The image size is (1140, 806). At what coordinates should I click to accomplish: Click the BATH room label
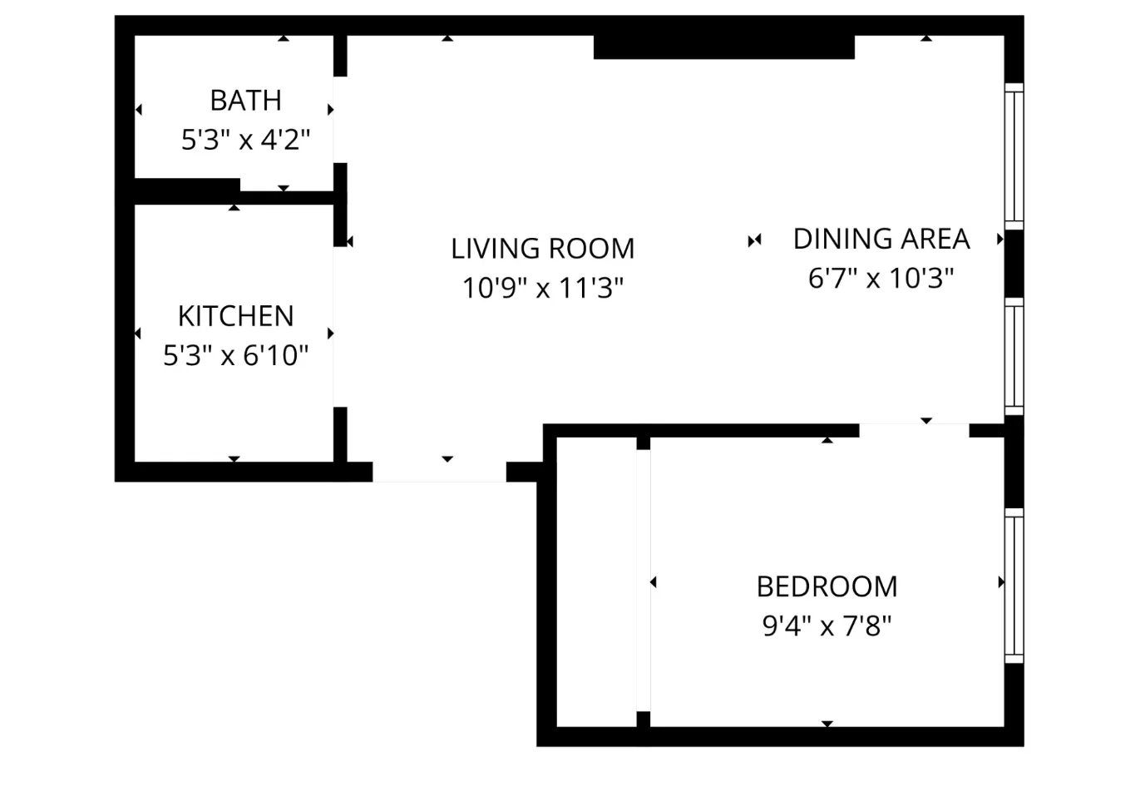tap(245, 101)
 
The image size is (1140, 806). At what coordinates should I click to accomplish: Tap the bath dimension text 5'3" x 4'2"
tap(245, 140)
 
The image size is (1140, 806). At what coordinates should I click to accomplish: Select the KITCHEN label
tap(235, 316)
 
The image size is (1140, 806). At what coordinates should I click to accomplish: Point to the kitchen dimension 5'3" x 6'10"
tap(235, 356)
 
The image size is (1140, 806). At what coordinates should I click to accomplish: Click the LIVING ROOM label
tap(542, 249)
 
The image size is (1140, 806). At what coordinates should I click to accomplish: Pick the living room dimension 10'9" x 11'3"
tap(542, 288)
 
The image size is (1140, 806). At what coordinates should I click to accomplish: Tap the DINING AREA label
tap(881, 239)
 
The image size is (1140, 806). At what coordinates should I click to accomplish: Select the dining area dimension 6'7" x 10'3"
tap(881, 278)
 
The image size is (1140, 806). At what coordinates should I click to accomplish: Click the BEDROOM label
tap(827, 586)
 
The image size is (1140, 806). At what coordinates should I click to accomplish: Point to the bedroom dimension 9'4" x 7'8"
tap(827, 626)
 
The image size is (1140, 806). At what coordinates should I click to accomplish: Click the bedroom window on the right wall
tap(1014, 586)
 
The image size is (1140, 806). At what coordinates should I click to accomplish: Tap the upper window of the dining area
tap(1014, 156)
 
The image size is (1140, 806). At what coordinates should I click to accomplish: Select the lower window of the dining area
tap(1014, 356)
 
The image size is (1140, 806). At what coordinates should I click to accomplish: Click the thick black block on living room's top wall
tap(723, 47)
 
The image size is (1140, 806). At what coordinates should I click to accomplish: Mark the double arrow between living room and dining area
tap(754, 240)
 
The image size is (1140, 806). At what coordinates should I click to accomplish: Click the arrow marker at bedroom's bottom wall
tap(827, 724)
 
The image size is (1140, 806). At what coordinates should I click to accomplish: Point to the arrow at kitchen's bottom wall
tap(234, 459)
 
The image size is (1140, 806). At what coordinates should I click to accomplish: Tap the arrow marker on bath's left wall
tap(139, 110)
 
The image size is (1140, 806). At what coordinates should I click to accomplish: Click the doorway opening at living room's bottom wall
tap(439, 471)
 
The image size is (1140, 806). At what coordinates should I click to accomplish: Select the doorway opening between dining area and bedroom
tap(914, 430)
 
